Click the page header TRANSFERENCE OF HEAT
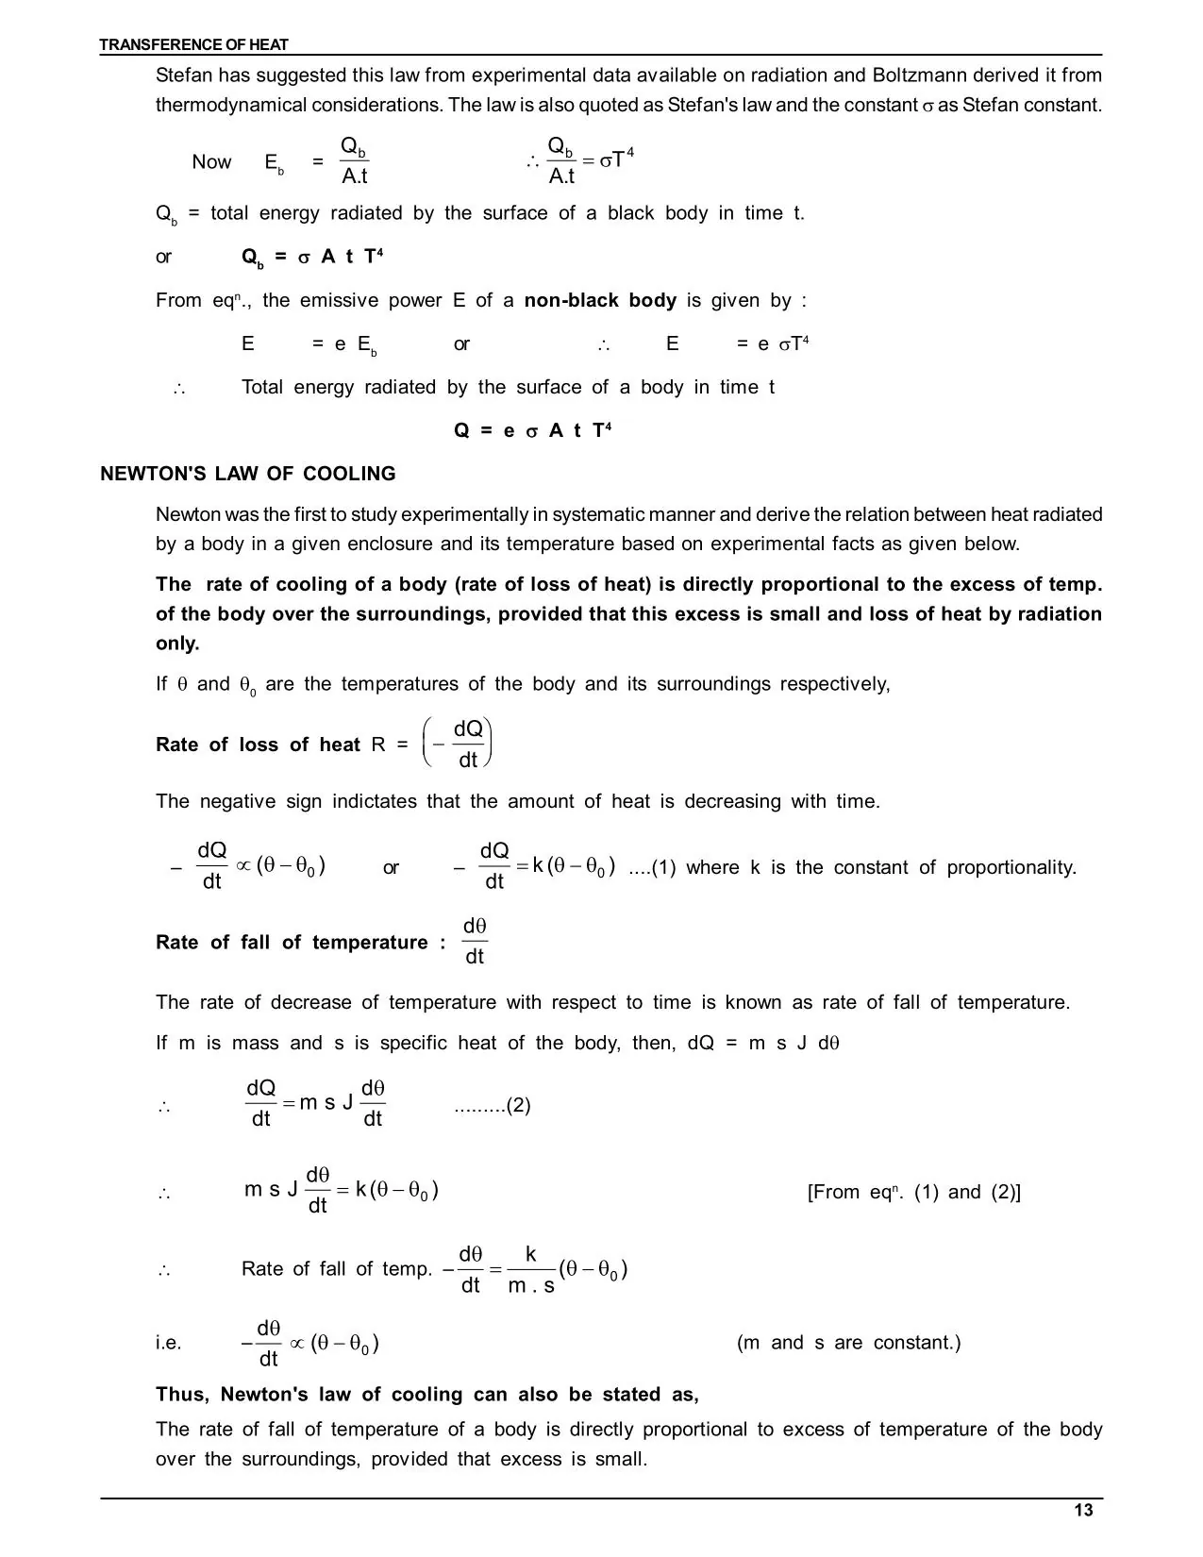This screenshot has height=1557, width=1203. click(193, 44)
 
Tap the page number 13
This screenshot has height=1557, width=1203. click(1083, 1511)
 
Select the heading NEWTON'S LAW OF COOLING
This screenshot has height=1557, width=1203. click(248, 474)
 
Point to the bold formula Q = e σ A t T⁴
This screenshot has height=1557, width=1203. click(533, 430)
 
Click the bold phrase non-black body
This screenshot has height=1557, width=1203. click(600, 300)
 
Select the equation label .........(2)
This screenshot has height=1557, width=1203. click(492, 1105)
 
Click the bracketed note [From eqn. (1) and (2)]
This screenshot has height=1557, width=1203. click(913, 1192)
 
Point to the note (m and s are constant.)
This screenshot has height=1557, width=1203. click(848, 1342)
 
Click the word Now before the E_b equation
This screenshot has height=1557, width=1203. click(211, 161)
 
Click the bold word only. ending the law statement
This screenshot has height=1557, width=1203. click(177, 644)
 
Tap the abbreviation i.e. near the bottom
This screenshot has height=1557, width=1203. click(169, 1342)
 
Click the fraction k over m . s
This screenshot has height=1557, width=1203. click(531, 1269)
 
